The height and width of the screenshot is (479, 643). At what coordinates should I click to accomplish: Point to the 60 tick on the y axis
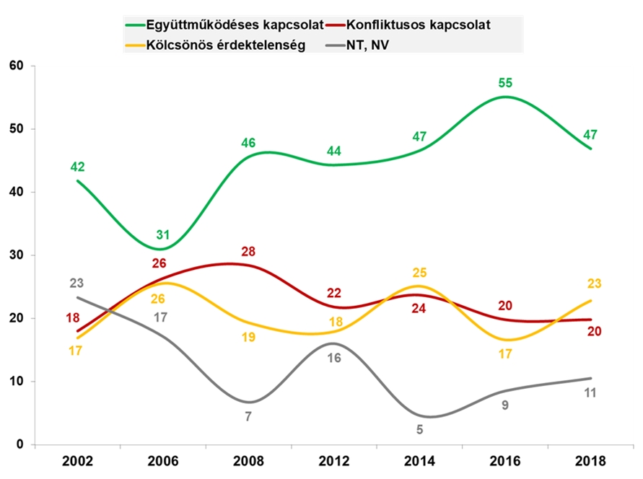pos(17,66)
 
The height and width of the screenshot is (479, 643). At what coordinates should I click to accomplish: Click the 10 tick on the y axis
pos(17,382)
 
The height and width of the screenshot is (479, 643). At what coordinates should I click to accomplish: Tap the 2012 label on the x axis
pos(333,460)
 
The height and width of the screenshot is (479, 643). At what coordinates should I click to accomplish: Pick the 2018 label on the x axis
pos(592,460)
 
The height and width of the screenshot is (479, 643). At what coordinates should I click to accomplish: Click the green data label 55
pos(504,83)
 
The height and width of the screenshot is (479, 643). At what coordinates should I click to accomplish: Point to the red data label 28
pos(249,251)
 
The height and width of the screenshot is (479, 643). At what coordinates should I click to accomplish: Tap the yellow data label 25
pos(421,273)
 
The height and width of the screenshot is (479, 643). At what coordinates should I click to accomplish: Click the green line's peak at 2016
pos(505,97)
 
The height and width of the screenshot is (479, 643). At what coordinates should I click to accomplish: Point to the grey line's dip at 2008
pos(249,402)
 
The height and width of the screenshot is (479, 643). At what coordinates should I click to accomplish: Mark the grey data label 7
pos(248,416)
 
